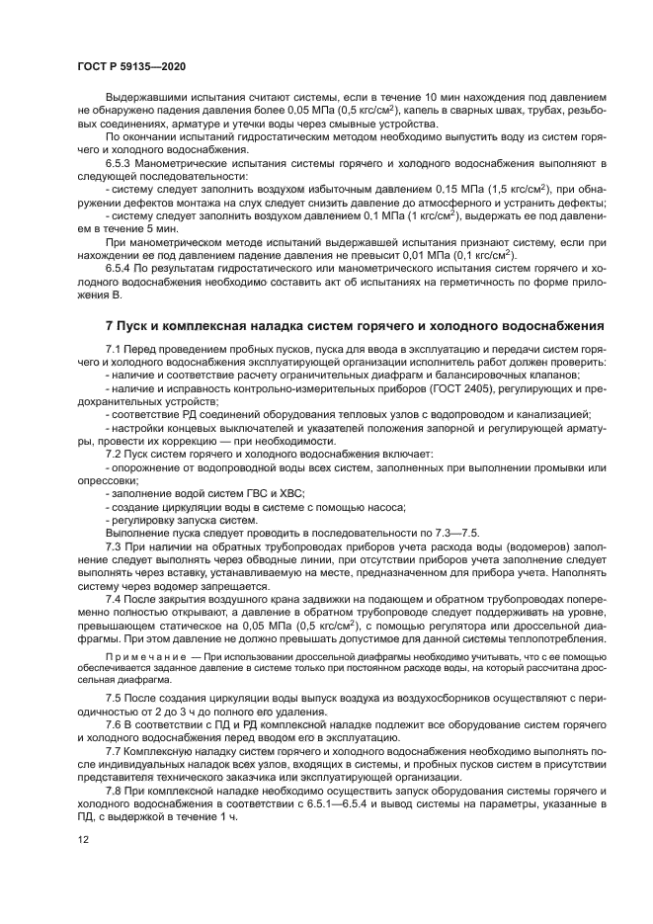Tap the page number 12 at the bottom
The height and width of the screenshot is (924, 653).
pyautogui.click(x=84, y=839)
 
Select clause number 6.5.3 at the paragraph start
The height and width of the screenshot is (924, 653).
pyautogui.click(x=121, y=161)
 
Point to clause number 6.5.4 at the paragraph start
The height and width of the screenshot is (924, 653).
pyautogui.click(x=121, y=268)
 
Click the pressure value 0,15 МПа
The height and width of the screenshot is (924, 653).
pyautogui.click(x=460, y=187)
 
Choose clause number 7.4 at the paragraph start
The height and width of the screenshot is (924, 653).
pyautogui.click(x=114, y=600)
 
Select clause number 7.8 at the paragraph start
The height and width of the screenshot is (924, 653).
pyautogui.click(x=114, y=793)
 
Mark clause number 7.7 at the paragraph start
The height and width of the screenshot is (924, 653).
pyautogui.click(x=114, y=752)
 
